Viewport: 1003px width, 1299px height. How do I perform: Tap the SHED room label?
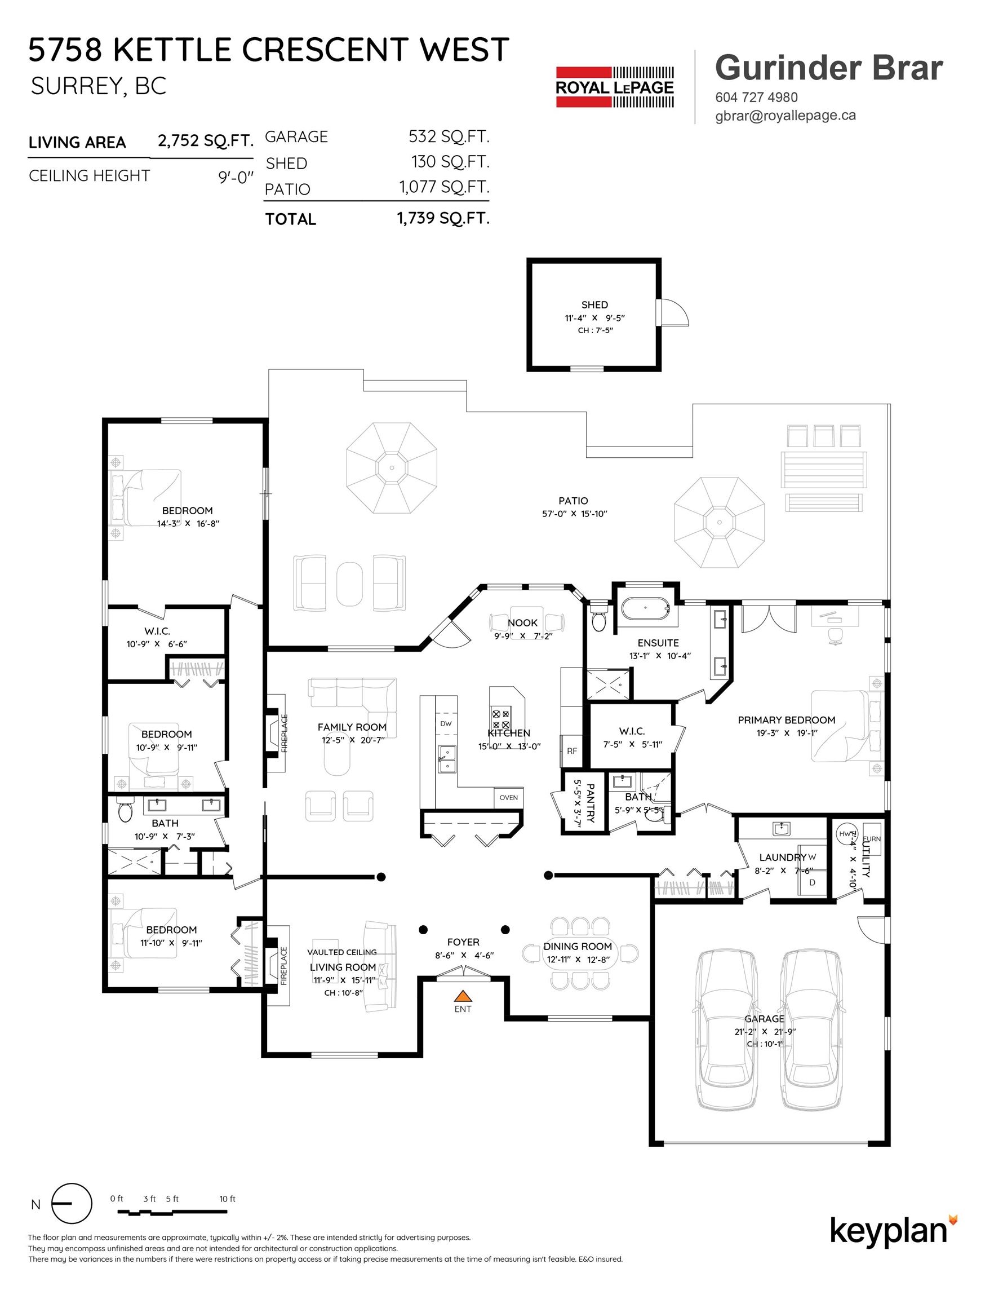click(x=594, y=304)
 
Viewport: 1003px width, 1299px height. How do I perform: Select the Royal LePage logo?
click(x=615, y=87)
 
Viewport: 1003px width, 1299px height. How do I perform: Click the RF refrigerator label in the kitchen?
click(x=572, y=751)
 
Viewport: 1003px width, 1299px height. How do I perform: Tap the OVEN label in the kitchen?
click(x=508, y=798)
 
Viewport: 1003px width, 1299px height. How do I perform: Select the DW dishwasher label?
click(x=446, y=724)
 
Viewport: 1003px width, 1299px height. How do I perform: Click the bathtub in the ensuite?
click(x=646, y=609)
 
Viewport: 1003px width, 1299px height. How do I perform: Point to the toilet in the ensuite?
click(x=599, y=617)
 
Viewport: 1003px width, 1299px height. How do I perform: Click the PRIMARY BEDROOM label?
click(x=787, y=719)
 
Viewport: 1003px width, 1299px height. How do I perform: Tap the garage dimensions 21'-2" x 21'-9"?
click(x=765, y=1032)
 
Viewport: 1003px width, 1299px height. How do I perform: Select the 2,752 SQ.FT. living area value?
click(x=205, y=141)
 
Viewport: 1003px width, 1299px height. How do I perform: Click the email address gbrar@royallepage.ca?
click(x=785, y=116)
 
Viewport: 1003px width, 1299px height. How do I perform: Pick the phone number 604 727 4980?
click(x=756, y=97)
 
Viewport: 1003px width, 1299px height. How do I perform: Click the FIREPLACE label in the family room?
click(x=284, y=734)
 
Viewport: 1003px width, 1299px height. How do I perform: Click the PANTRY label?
click(x=591, y=802)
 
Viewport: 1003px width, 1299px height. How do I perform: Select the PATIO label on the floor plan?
click(x=573, y=501)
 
